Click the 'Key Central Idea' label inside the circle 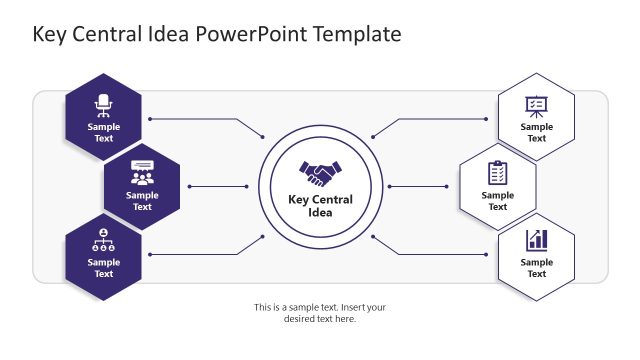[x=320, y=205]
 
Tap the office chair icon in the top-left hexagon [x=103, y=103]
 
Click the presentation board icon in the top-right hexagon [x=536, y=104]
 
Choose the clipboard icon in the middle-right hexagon [x=497, y=172]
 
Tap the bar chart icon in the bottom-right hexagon [x=536, y=240]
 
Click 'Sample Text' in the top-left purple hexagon [x=103, y=133]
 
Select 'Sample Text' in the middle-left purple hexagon [x=142, y=201]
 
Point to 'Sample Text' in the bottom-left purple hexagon [x=103, y=268]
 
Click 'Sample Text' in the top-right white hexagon [x=536, y=133]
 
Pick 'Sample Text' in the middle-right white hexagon [x=497, y=201]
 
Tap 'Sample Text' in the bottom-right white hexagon [x=536, y=268]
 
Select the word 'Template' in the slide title [x=357, y=34]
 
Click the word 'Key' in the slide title [x=51, y=34]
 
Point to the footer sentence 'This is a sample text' [x=319, y=307]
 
